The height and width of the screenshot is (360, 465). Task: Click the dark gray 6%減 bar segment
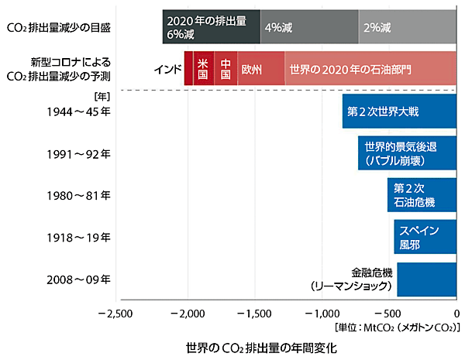pyautogui.click(x=212, y=26)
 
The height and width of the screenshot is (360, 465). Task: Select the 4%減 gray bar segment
pyautogui.click(x=309, y=26)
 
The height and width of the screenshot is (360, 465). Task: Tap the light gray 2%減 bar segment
pyautogui.click(x=408, y=26)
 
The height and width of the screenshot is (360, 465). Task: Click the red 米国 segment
pyautogui.click(x=203, y=69)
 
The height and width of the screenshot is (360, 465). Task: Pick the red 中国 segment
pyautogui.click(x=226, y=69)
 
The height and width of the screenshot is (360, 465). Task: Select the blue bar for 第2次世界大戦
pyautogui.click(x=400, y=111)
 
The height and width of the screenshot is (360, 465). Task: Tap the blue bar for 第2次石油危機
pyautogui.click(x=422, y=195)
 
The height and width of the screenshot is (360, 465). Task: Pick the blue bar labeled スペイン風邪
pyautogui.click(x=425, y=237)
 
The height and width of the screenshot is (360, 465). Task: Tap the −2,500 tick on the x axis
pyautogui.click(x=115, y=314)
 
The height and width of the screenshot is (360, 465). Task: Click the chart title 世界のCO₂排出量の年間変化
pyautogui.click(x=262, y=346)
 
